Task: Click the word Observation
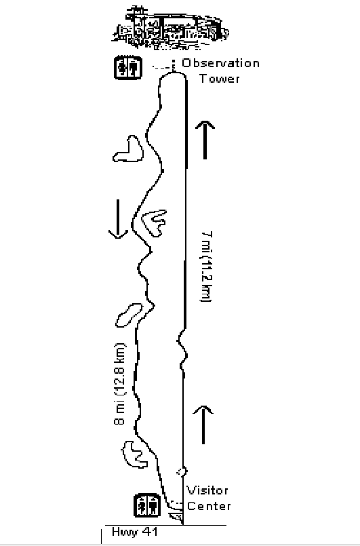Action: point(221,63)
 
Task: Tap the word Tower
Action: point(220,79)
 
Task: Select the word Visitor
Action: point(207,490)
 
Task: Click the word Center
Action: point(209,505)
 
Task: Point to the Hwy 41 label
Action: point(135,532)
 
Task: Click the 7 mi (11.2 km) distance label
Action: point(206,267)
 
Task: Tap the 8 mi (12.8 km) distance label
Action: point(119,384)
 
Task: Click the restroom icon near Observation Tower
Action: point(128,68)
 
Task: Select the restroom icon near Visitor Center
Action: point(147,505)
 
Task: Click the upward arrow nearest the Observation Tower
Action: point(205,140)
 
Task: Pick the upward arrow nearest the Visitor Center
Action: point(203,425)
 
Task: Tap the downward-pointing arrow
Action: point(118,219)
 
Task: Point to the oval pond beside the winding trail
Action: point(128,315)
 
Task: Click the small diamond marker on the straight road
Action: point(182,472)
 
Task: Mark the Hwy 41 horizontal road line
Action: point(165,525)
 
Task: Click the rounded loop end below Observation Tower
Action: point(173,73)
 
